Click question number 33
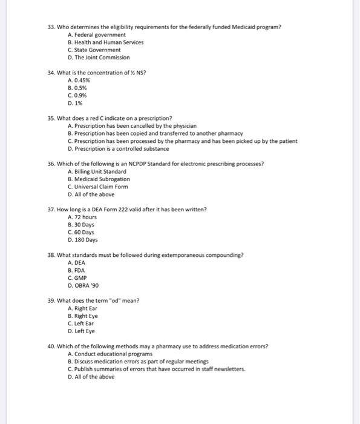click(x=51, y=27)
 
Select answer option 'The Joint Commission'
click(x=102, y=58)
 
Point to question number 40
click(x=51, y=346)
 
